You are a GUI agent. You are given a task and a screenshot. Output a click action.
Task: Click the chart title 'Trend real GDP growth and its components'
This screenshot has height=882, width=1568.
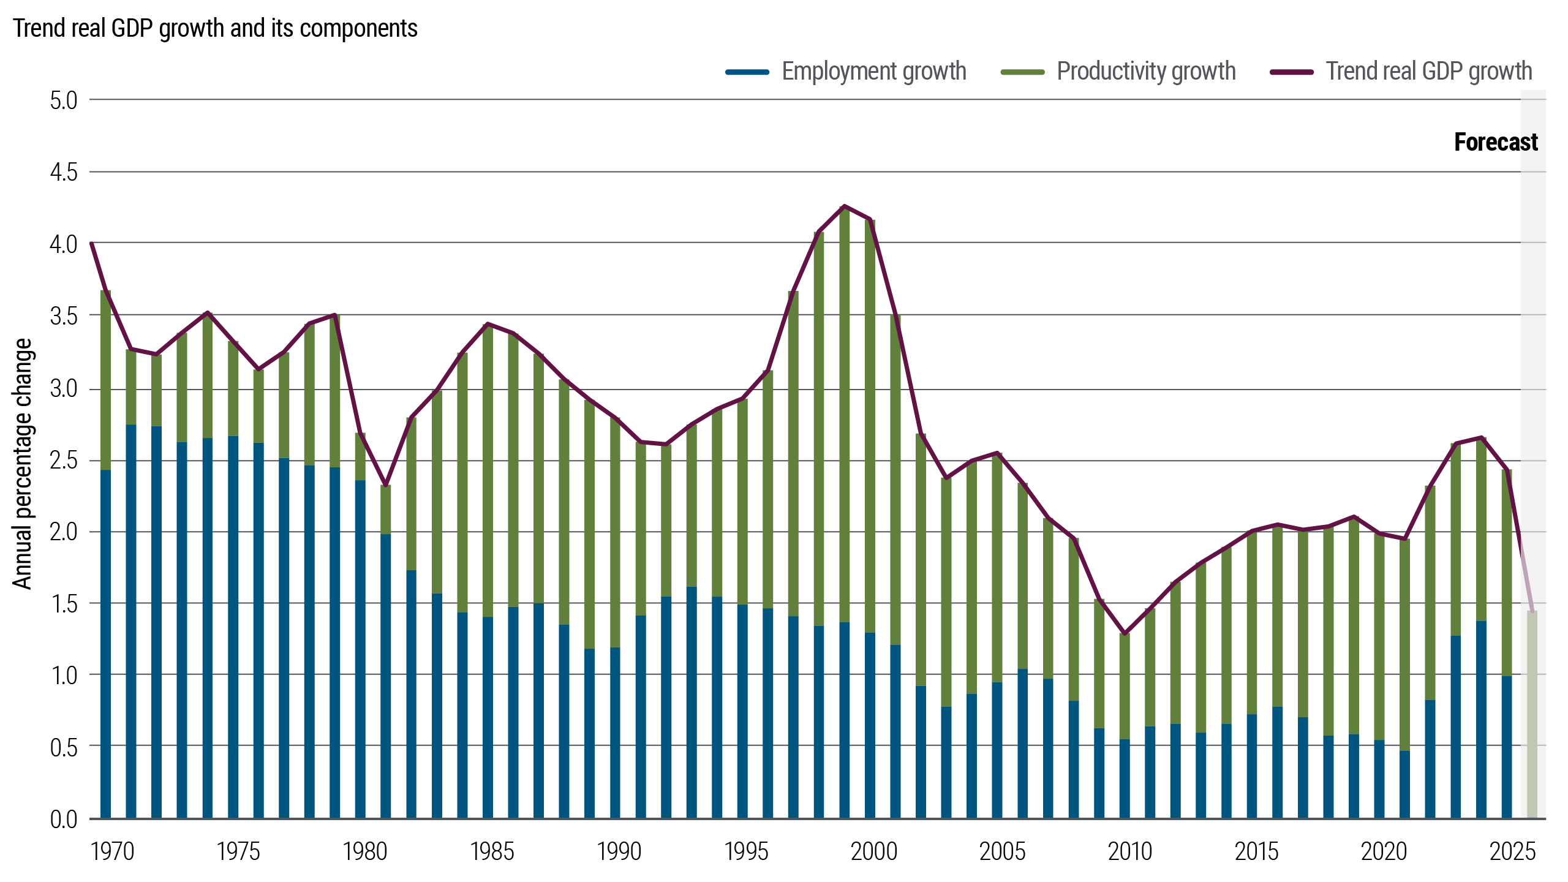[215, 29]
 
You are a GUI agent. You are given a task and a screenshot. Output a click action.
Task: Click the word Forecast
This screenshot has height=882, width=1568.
[1496, 143]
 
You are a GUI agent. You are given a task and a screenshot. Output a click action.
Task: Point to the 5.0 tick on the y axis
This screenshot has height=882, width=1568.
[64, 101]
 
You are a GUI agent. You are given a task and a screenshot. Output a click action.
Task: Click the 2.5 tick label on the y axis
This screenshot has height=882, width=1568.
[64, 461]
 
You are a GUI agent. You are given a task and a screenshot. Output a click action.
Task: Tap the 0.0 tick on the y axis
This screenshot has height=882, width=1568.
[64, 820]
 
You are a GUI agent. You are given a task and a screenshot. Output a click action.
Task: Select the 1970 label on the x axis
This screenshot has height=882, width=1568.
[112, 852]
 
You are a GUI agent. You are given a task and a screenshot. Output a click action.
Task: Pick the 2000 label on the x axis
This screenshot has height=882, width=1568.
[874, 852]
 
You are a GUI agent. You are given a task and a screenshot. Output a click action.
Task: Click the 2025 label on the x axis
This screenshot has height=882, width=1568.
[1512, 852]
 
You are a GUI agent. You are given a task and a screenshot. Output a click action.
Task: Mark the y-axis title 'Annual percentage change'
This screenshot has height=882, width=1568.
[23, 464]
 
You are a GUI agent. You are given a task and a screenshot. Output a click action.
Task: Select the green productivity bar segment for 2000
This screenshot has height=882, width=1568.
[870, 429]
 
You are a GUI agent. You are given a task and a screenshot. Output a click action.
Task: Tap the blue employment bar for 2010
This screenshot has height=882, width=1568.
[1125, 778]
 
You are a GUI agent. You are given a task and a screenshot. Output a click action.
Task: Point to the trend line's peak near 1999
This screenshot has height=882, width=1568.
[845, 206]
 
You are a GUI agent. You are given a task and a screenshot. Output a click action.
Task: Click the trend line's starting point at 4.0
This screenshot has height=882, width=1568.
[92, 244]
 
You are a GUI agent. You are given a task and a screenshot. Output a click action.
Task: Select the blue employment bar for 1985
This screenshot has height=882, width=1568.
[488, 717]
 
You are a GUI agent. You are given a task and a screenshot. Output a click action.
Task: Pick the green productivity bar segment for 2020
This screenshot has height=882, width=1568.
[1379, 637]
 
